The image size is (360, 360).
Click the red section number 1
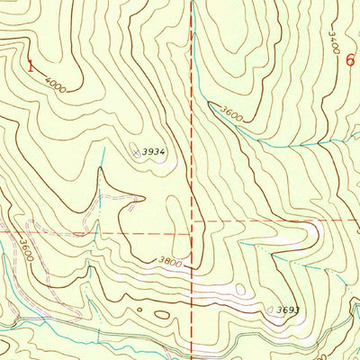31,65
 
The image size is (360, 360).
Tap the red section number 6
349,59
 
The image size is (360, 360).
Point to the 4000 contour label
56,85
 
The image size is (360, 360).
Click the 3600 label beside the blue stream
231,113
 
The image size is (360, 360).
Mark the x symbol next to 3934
137,154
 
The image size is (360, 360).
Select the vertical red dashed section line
193,135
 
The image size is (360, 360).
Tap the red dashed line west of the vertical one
90,233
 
